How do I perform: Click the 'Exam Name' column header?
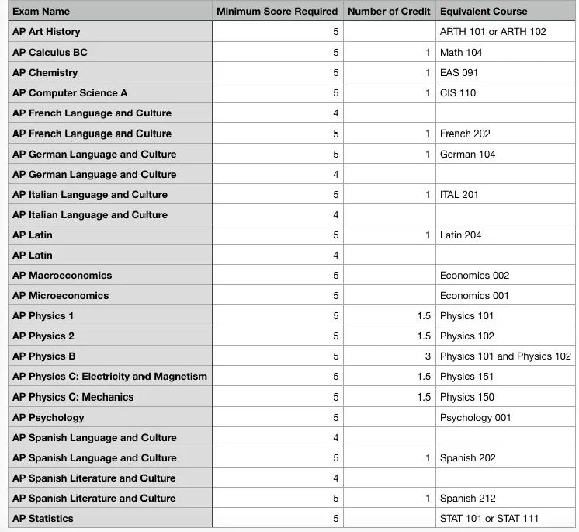41,12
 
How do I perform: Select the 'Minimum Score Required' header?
277,12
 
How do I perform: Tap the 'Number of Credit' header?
389,12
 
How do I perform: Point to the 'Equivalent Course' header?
484,12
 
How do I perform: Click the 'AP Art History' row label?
47,32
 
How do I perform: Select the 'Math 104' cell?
461,52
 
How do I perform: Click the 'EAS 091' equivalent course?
459,72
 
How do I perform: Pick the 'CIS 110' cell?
458,93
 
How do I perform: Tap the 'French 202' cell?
465,134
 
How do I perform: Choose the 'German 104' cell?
467,154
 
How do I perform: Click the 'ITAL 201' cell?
459,194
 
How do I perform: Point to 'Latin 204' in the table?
461,235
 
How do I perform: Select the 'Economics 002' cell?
474,276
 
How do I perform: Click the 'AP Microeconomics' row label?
61,296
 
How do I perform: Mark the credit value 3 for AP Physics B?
428,356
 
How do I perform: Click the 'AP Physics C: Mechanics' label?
73,397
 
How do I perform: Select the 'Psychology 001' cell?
476,417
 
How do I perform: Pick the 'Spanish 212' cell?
467,499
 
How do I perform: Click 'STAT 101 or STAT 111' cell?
489,519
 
